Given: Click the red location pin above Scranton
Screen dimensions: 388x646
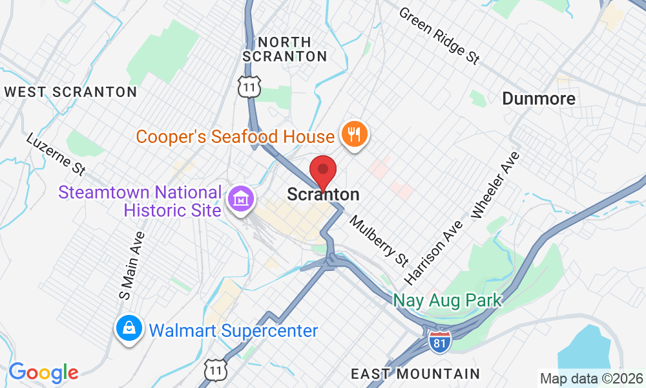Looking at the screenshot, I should (x=323, y=171).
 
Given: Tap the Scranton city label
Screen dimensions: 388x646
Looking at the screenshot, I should (x=323, y=194).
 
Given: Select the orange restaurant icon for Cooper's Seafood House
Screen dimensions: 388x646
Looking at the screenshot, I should (x=355, y=135).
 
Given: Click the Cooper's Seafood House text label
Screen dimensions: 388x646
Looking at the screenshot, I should (x=235, y=136).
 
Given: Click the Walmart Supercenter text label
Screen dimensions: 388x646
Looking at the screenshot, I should (x=233, y=331).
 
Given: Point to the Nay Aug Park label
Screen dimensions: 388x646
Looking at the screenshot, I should (x=447, y=301).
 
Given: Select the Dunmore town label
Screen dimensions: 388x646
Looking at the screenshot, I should (x=538, y=98).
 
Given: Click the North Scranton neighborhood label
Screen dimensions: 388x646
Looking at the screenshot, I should (x=285, y=49).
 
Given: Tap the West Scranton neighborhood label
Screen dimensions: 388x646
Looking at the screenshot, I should (x=71, y=92).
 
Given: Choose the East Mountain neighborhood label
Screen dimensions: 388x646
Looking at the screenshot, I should (x=415, y=373).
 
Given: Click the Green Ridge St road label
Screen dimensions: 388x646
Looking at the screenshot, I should (x=439, y=36).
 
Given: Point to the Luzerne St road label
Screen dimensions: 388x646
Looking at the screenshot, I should (x=56, y=154).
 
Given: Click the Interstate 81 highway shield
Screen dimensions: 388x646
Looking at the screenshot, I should (x=438, y=341).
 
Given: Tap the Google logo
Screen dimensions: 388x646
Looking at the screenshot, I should (x=43, y=372).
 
